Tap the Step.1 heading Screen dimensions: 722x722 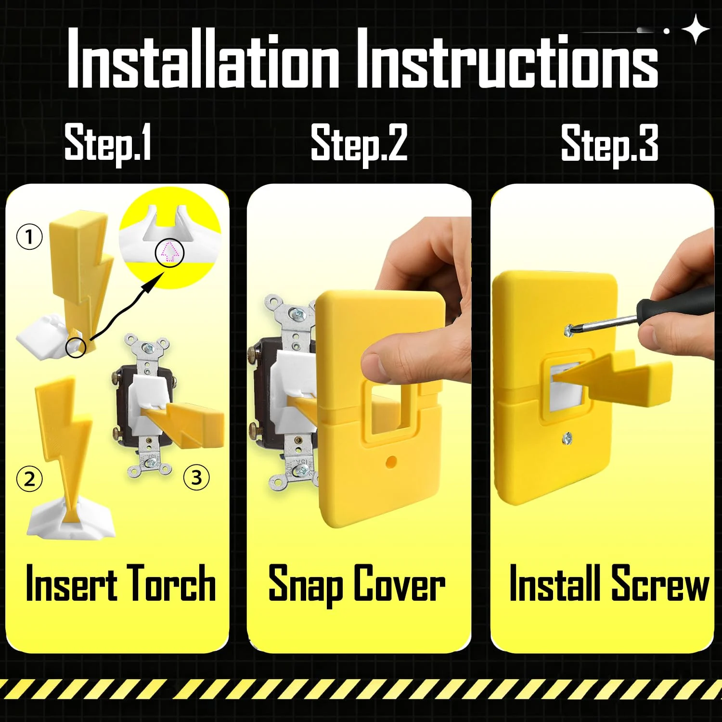click(108, 143)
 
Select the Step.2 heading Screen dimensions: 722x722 click(359, 143)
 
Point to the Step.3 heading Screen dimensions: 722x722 click(609, 143)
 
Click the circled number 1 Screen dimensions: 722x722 click(29, 237)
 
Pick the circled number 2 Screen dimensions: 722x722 click(29, 479)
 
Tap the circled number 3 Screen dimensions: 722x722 click(196, 477)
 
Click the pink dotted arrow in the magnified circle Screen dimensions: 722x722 click(169, 252)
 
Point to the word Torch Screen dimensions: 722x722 click(172, 583)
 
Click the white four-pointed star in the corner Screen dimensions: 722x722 click(696, 29)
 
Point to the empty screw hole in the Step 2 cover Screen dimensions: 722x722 click(391, 462)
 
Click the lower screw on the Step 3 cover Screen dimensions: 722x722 click(567, 438)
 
